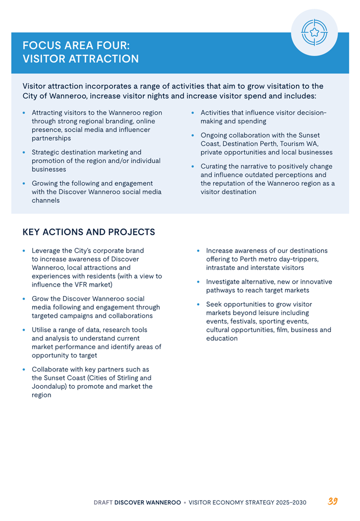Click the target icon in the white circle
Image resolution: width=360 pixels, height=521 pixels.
point(314,32)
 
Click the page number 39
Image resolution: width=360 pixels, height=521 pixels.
point(332,501)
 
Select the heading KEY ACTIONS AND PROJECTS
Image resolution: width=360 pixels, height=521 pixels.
point(89,232)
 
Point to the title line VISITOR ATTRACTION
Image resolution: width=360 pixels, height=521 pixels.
point(81,59)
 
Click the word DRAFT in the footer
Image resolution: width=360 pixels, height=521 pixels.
point(102,503)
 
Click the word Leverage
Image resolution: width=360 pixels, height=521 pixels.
point(47,251)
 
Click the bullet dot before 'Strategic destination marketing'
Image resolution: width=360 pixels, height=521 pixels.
point(24,153)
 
